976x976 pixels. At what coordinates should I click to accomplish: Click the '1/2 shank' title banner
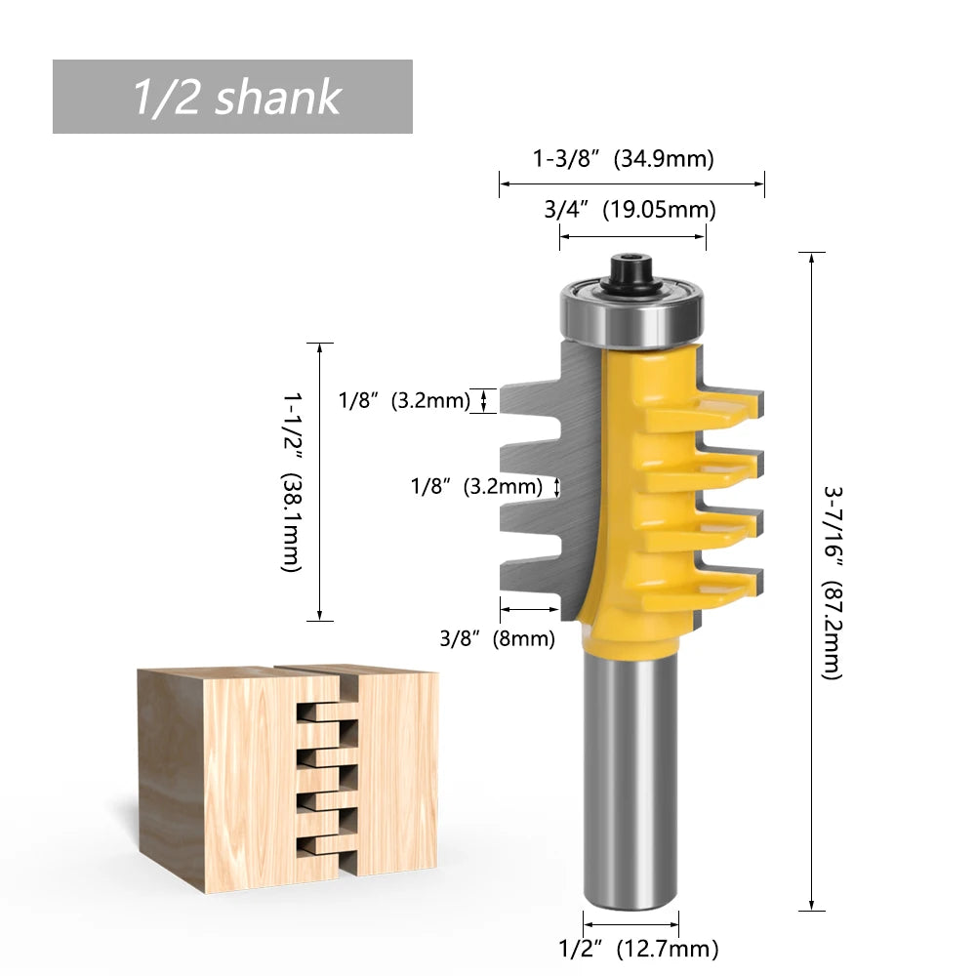click(232, 97)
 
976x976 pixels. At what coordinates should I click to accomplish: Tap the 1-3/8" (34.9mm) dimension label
click(623, 158)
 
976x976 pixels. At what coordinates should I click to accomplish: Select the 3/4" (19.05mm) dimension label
click(630, 209)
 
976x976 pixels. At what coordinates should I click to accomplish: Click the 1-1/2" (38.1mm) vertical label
click(291, 482)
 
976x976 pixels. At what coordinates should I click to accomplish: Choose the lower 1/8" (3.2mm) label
click(476, 486)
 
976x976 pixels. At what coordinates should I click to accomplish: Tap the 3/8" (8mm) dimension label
click(497, 639)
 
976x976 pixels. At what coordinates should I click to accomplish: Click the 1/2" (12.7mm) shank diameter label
click(638, 948)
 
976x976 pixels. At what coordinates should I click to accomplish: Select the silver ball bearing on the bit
click(630, 314)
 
